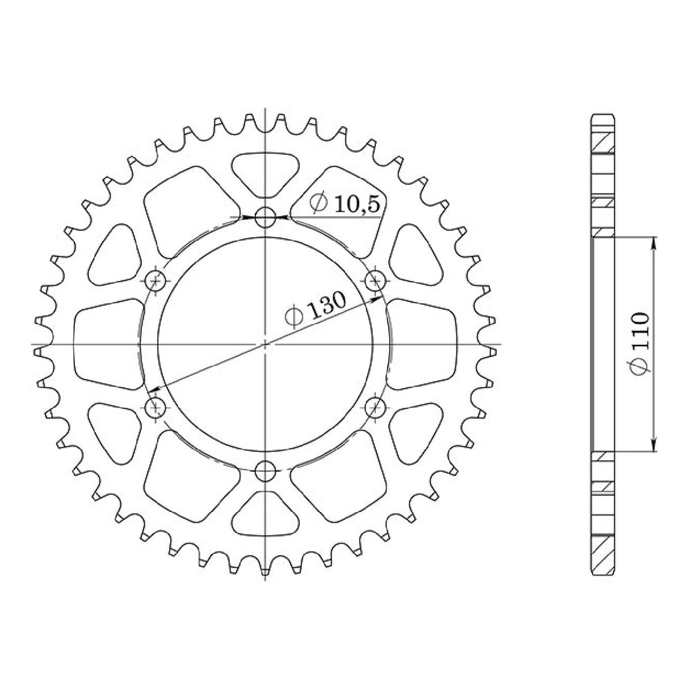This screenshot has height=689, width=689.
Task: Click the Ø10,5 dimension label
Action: [344, 204]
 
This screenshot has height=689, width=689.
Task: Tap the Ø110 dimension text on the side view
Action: [640, 343]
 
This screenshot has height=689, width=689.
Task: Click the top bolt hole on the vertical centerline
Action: [265, 217]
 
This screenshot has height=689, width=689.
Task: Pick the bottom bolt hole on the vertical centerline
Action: [265, 470]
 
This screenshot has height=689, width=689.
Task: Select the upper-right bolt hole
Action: [375, 280]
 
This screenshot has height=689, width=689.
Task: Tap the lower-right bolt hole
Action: [375, 407]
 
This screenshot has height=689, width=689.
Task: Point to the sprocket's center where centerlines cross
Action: [265, 344]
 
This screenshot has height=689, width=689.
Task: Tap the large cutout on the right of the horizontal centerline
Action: [423, 344]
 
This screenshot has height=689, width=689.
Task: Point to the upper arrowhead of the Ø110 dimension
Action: [654, 242]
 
